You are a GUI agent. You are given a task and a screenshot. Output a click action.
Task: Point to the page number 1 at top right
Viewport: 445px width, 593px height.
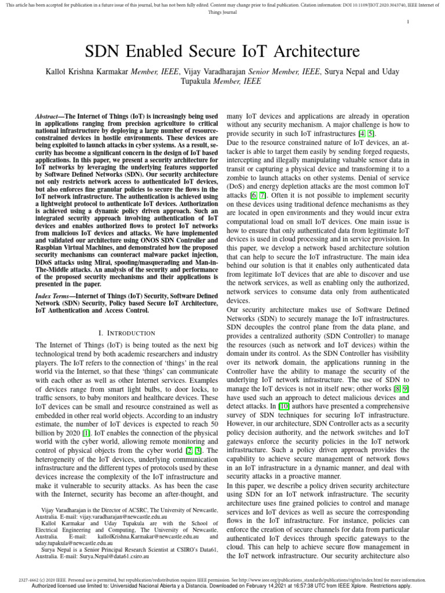click(408, 22)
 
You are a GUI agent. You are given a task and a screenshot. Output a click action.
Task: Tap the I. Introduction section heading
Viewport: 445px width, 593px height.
click(127, 333)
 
